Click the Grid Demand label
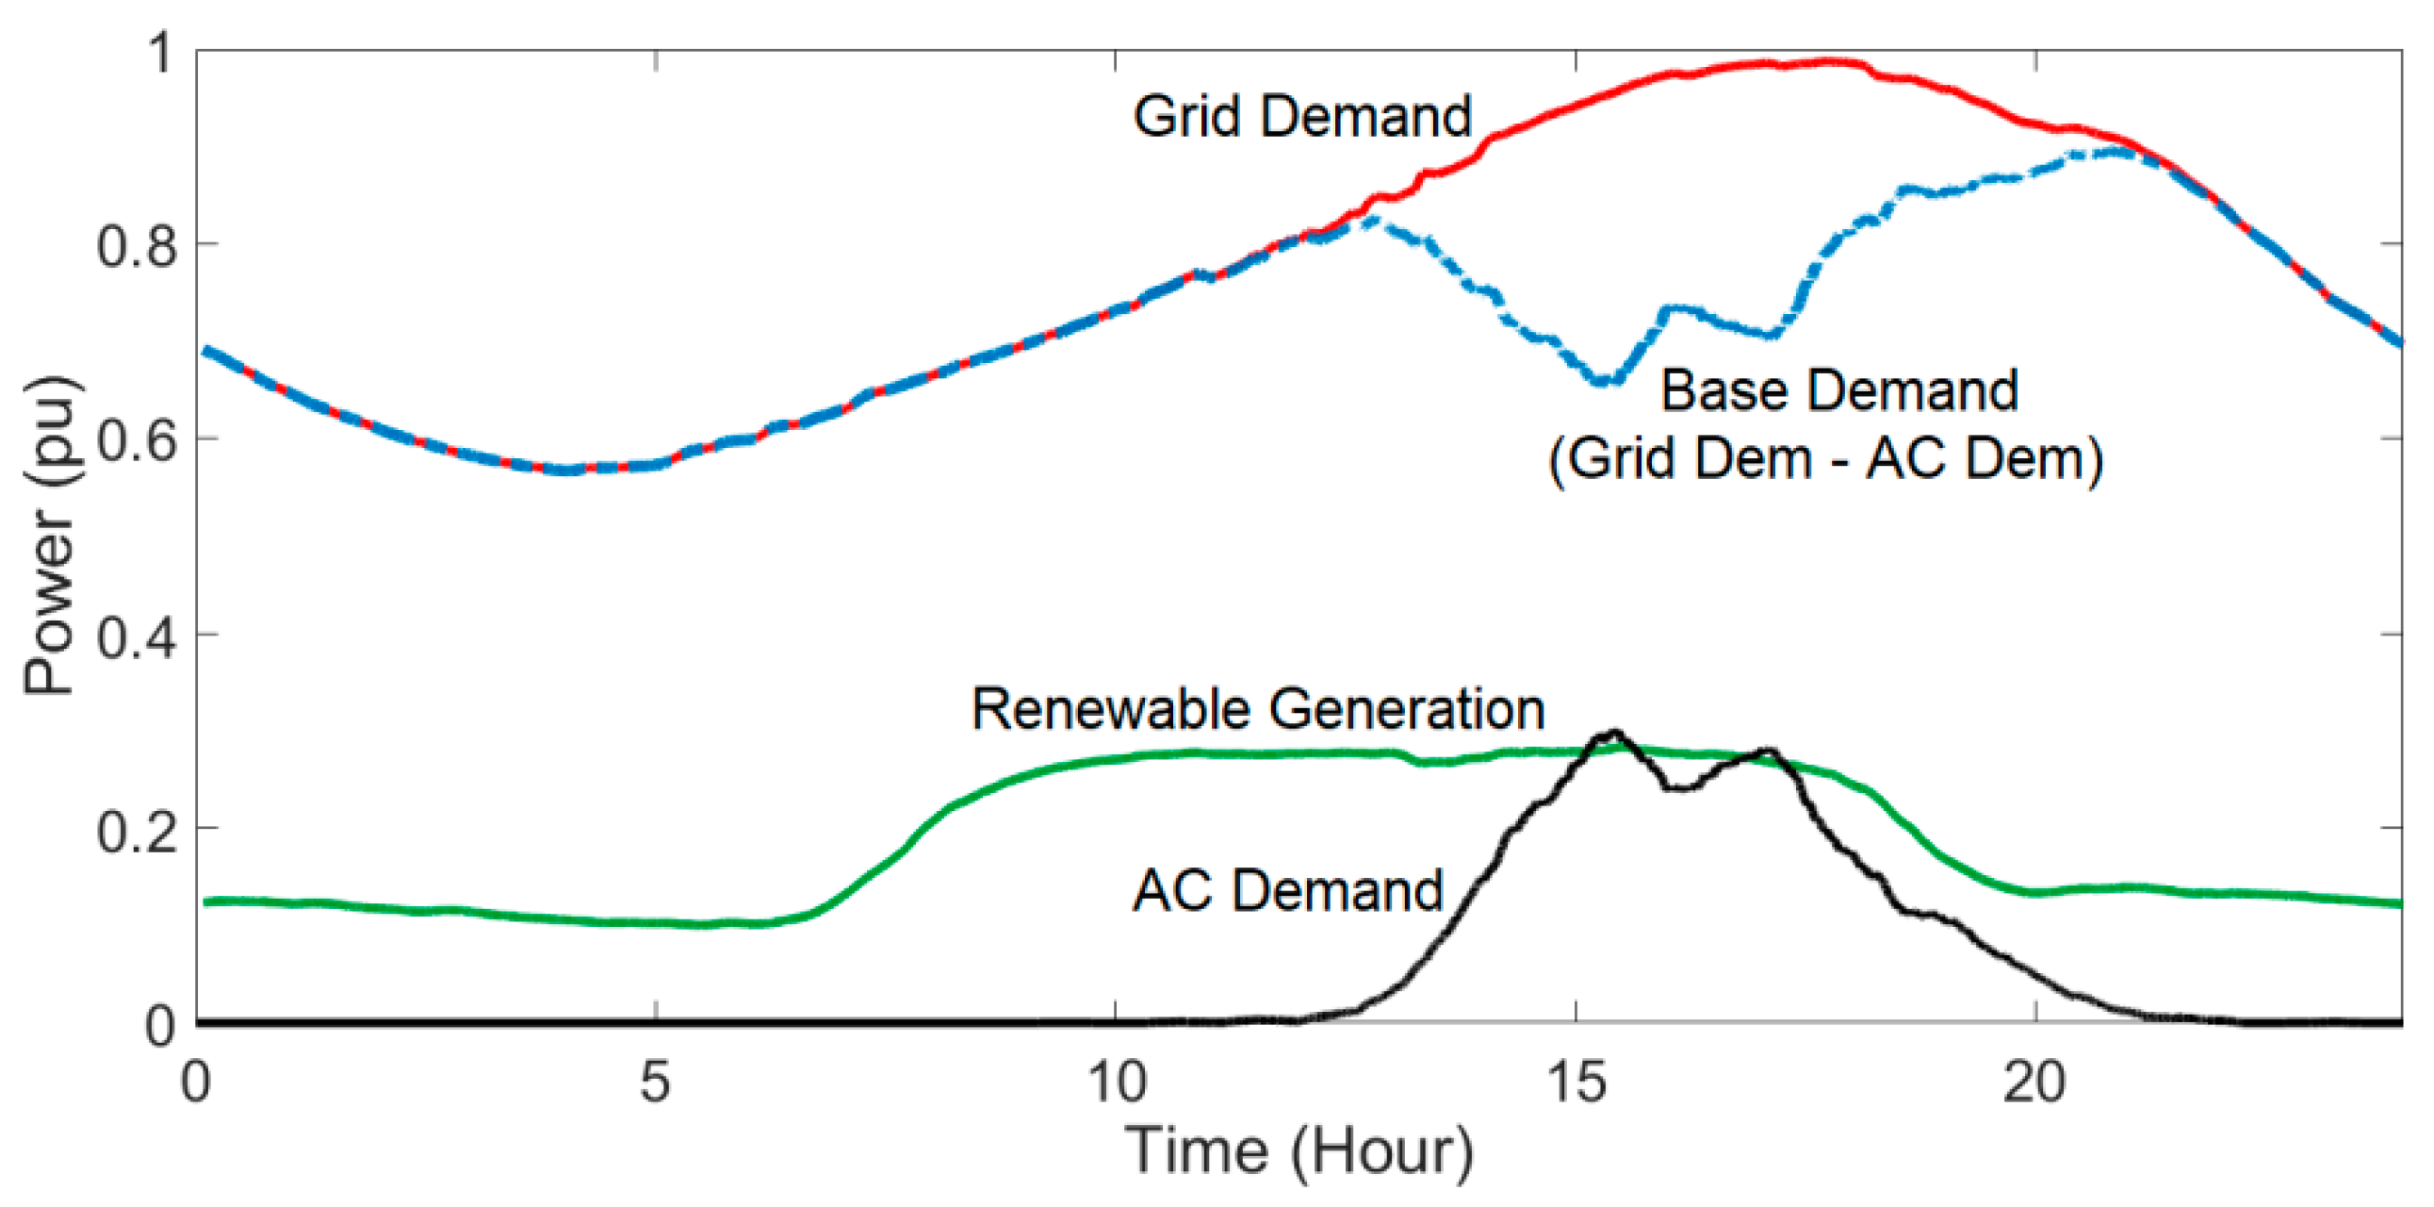pyautogui.click(x=1301, y=116)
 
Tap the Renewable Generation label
pyautogui.click(x=1257, y=709)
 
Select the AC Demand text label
pyautogui.click(x=1287, y=890)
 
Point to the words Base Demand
pyautogui.click(x=1838, y=390)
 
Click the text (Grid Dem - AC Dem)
pyautogui.click(x=1825, y=459)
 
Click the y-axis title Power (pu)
pyautogui.click(x=49, y=535)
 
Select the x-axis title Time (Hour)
pyautogui.click(x=1299, y=1151)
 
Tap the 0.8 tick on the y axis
pyautogui.click(x=136, y=247)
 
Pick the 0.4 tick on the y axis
pyautogui.click(x=136, y=638)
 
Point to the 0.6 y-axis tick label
pyautogui.click(x=136, y=441)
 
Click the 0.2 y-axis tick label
pyautogui.click(x=136, y=833)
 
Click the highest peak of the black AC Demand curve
pyautogui.click(x=1614, y=733)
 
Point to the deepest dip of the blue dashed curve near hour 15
pyautogui.click(x=1607, y=382)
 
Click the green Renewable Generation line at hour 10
pyautogui.click(x=1116, y=757)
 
